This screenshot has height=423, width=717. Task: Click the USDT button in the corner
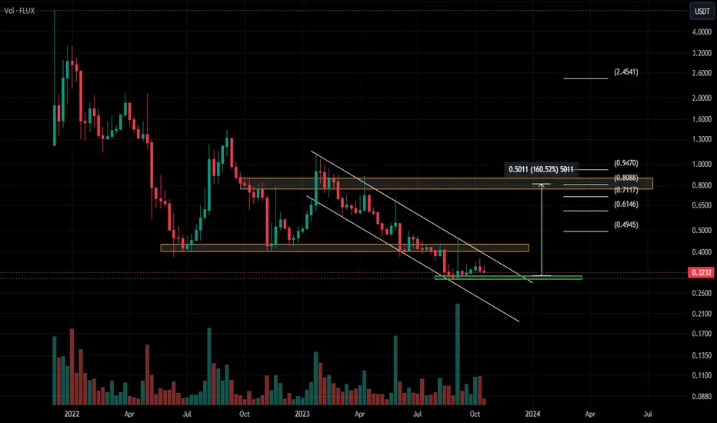[x=702, y=12]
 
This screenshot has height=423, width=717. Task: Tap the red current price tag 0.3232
[x=701, y=272]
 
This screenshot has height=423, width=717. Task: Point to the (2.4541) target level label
[x=626, y=72]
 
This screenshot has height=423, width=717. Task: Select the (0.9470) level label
[x=626, y=163]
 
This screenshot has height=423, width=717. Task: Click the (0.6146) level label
[x=626, y=204]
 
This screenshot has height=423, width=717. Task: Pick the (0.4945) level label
[x=626, y=225]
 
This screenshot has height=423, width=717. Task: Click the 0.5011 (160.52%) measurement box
[x=541, y=169]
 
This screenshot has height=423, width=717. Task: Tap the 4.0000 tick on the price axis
[x=702, y=32]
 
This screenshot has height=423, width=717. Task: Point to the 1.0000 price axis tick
[x=702, y=164]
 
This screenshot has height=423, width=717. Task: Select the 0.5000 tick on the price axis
[x=702, y=230]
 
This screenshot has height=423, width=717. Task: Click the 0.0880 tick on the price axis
[x=702, y=397]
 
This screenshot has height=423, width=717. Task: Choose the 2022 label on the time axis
[x=72, y=414]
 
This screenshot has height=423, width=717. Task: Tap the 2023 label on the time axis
[x=302, y=414]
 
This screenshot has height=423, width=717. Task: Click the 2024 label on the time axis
[x=532, y=414]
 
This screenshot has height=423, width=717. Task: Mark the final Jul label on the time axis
[x=648, y=414]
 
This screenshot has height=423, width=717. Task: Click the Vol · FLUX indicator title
[x=19, y=11]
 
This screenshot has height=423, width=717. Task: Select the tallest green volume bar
[x=457, y=355]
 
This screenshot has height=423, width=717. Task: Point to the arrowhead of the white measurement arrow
[x=542, y=185]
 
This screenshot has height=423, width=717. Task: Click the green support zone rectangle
[x=508, y=278]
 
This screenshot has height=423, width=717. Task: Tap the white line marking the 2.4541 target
[x=585, y=78]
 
